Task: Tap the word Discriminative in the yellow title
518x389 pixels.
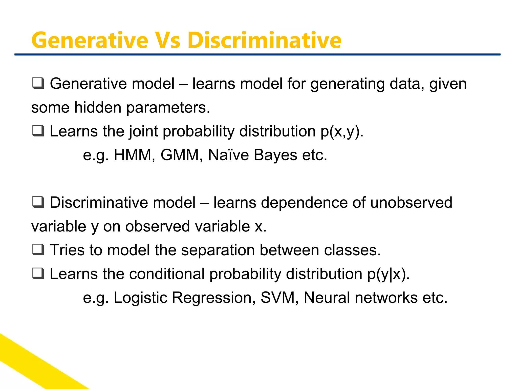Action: pos(264,41)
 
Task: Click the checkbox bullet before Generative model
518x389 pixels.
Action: pos(38,83)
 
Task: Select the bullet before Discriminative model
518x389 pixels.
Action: pos(38,202)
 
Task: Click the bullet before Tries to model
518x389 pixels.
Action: pos(38,250)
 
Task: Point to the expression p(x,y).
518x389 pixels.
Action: pos(342,132)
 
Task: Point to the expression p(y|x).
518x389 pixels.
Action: pos(388,274)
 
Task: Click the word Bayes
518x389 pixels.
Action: pos(275,155)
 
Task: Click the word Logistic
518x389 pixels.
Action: pos(140,297)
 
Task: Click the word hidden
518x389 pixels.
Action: pos(98,107)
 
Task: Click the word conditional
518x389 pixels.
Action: pos(167,274)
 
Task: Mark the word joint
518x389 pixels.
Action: pos(143,132)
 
